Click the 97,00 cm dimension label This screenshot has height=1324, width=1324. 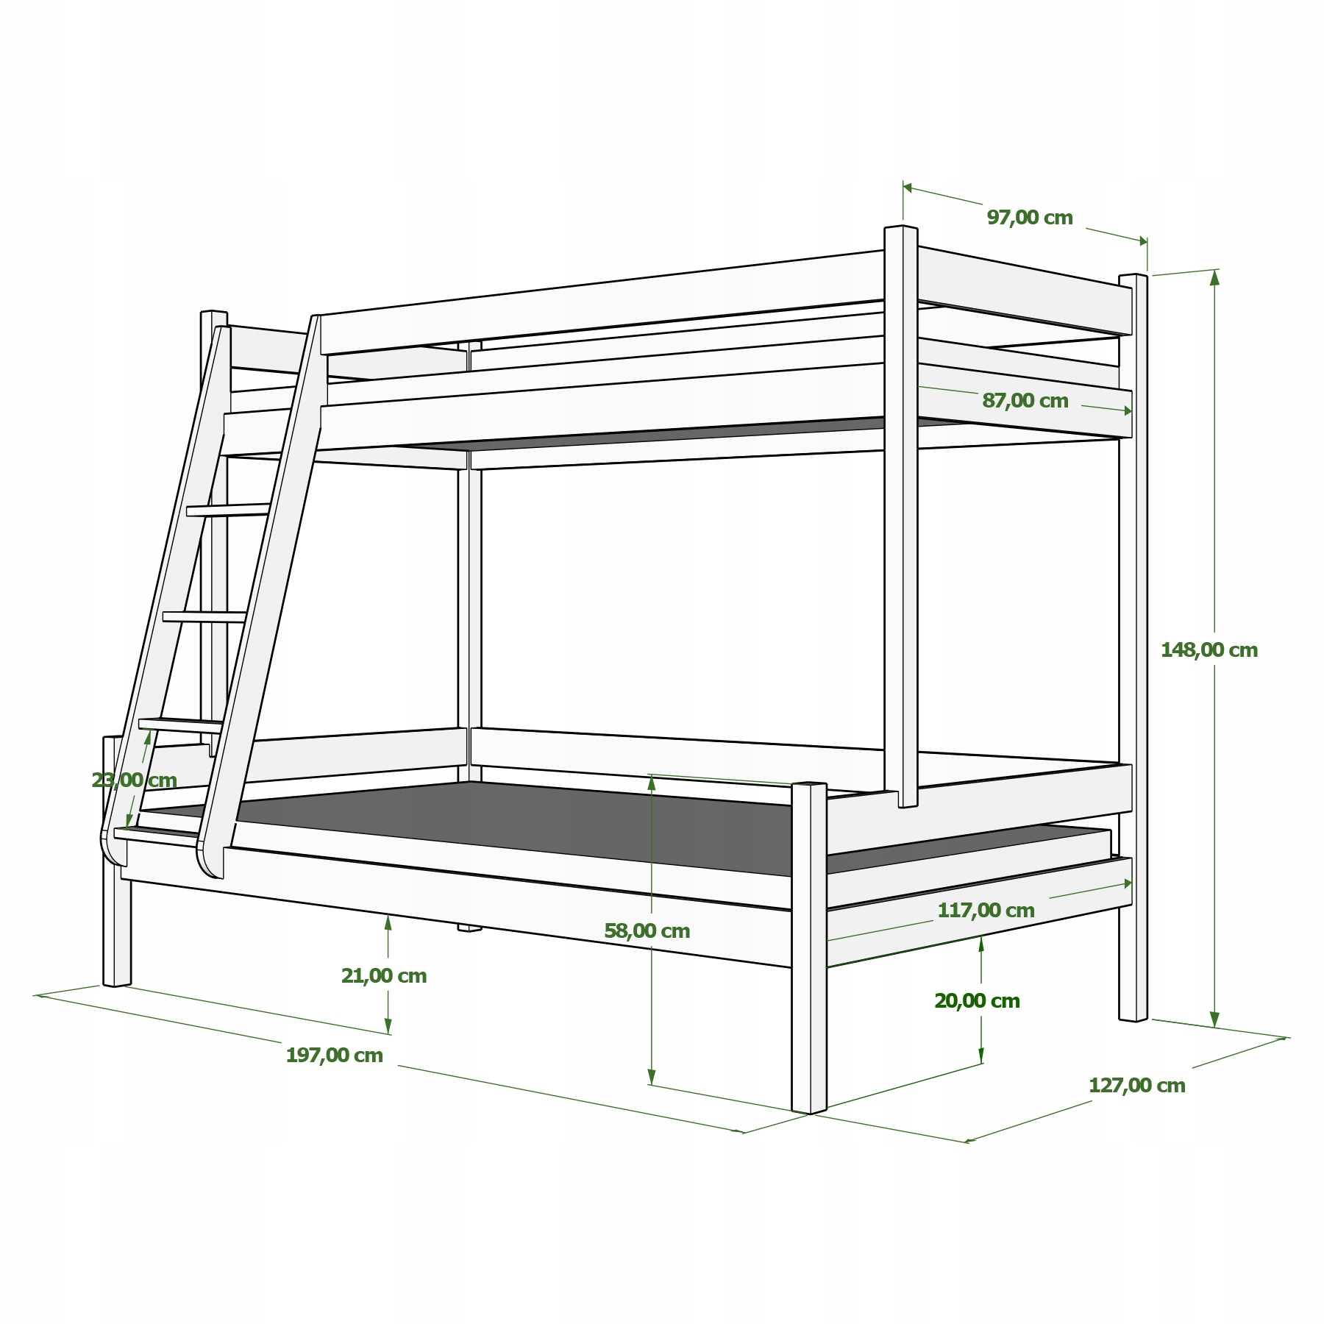1029,218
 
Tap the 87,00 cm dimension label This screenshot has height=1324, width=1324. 1025,401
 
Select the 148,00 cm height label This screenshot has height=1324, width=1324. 1209,650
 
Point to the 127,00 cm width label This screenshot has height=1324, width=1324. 1136,1086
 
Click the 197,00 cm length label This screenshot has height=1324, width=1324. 334,1056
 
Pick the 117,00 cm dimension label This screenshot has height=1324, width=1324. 986,911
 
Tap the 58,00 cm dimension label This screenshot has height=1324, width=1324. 647,931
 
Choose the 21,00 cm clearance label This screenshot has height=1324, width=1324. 383,976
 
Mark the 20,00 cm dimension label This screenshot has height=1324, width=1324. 977,1001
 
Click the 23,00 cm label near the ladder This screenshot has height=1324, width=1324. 134,780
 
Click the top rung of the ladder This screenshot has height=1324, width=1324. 228,509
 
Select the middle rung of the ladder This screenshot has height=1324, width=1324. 204,616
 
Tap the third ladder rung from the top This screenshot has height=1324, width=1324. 180,724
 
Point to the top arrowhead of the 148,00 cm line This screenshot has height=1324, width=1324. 1214,277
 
